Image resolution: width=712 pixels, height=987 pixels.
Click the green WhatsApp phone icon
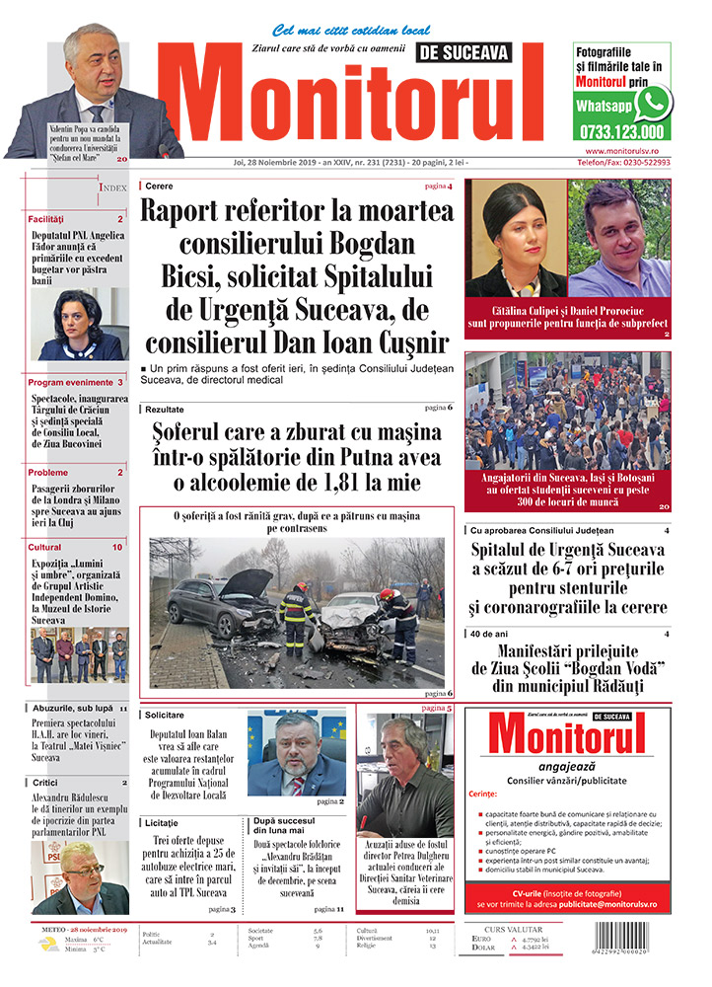pyautogui.click(x=653, y=102)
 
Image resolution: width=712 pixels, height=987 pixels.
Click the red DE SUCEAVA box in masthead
pyautogui.click(x=466, y=52)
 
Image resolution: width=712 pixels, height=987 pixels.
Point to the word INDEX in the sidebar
pyautogui.click(x=112, y=187)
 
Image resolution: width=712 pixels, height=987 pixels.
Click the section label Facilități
pyautogui.click(x=46, y=218)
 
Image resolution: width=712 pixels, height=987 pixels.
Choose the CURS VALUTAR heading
pyautogui.click(x=516, y=928)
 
